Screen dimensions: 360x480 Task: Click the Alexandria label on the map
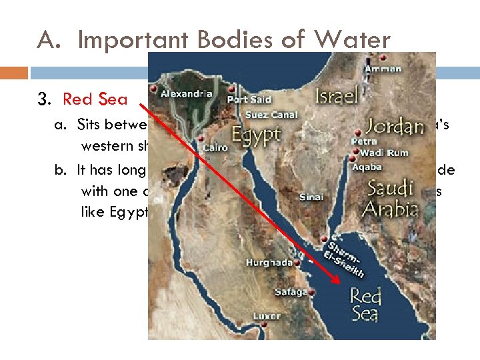point(186,94)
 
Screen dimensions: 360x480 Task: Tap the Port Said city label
point(249,99)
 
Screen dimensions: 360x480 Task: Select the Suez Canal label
point(266,115)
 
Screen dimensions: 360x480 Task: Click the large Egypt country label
point(256,135)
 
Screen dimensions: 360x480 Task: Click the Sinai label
point(312,197)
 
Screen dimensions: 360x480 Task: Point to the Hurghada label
point(269,263)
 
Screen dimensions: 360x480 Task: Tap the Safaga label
point(291,292)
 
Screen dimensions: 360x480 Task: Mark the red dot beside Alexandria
point(155,88)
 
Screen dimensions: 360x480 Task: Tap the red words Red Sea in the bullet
point(95,99)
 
